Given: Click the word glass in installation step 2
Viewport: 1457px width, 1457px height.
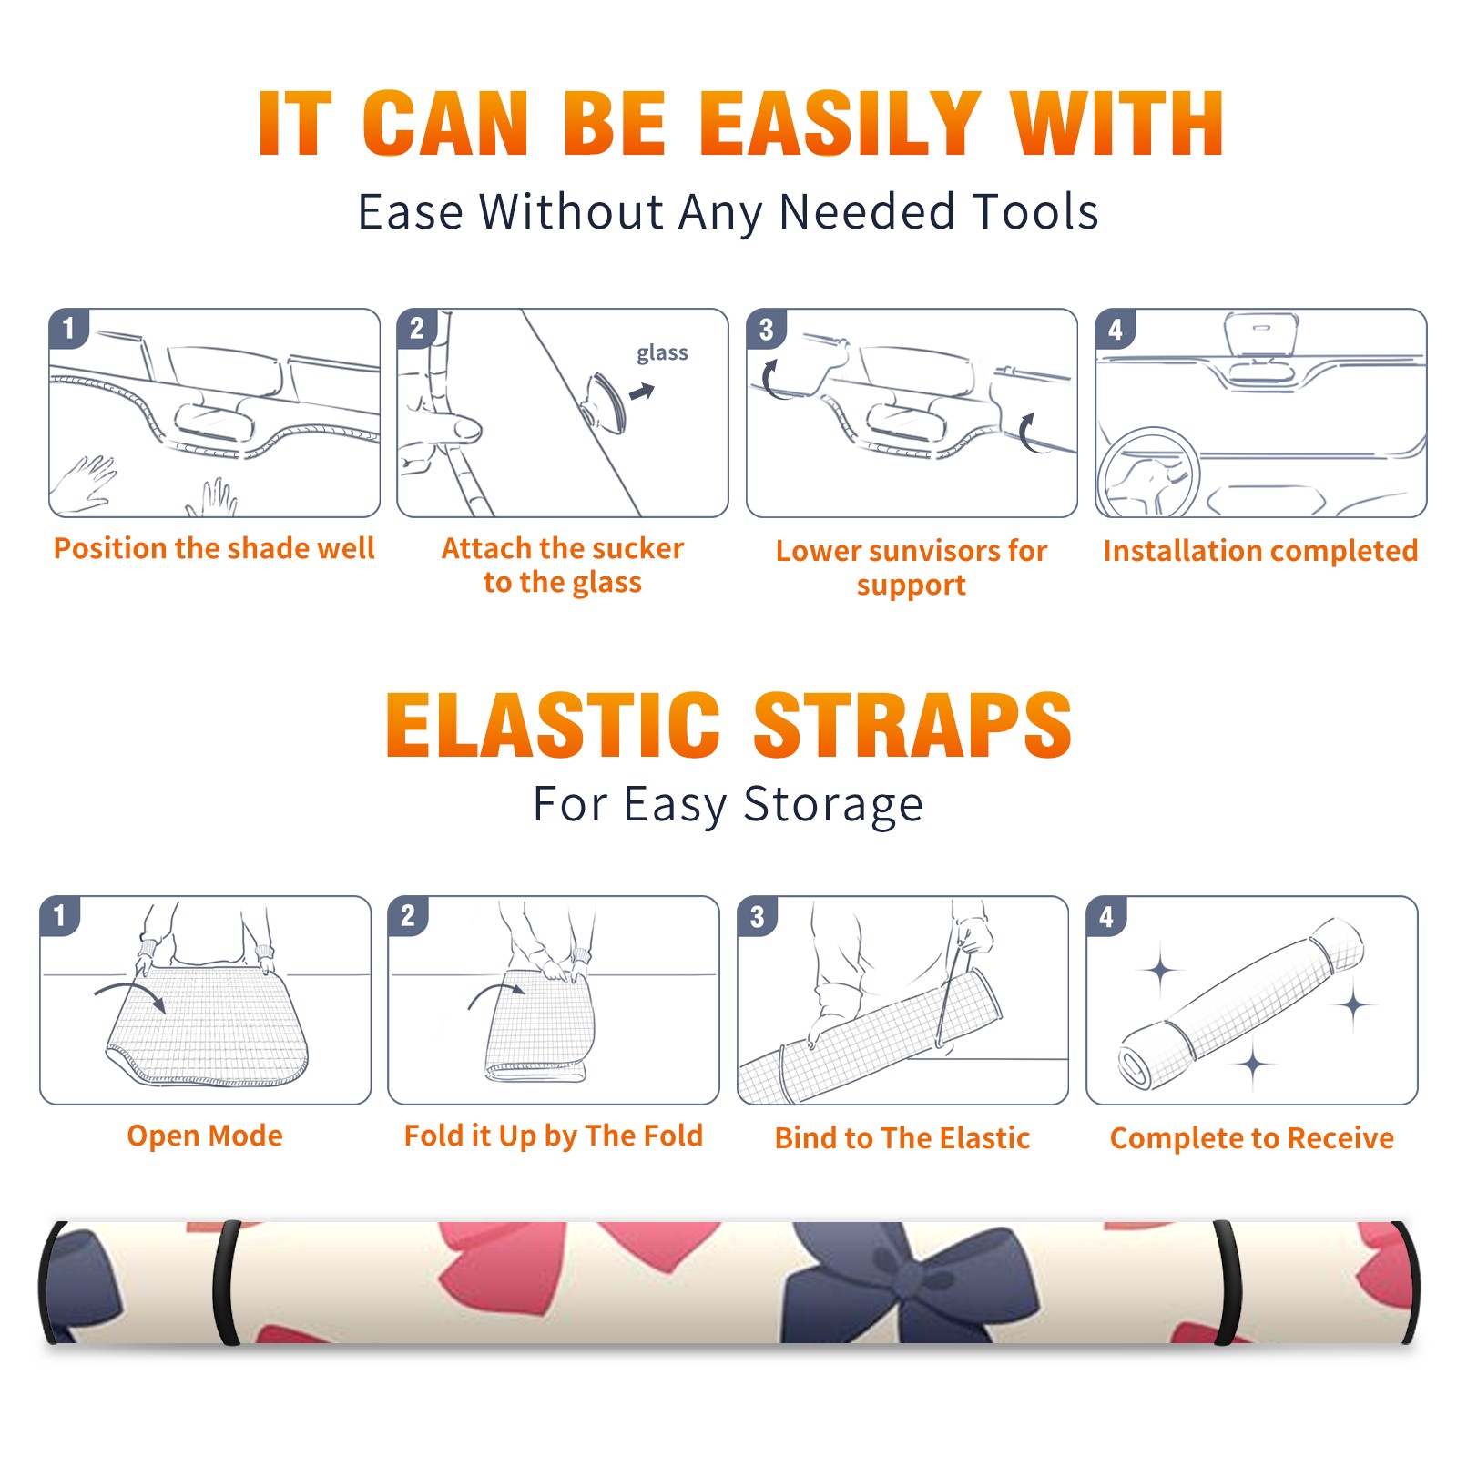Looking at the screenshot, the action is click(x=662, y=353).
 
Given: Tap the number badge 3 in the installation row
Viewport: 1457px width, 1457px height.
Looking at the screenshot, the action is click(x=766, y=329).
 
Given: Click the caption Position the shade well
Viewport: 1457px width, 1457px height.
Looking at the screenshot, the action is click(x=214, y=548).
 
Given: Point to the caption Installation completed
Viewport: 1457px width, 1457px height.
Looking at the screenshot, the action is click(x=1260, y=550).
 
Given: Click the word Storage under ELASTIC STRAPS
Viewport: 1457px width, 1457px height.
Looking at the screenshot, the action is click(x=832, y=805).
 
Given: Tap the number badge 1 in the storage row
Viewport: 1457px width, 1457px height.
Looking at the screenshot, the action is click(x=59, y=916).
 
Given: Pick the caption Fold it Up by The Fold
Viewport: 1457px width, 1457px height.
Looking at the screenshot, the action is click(x=554, y=1136).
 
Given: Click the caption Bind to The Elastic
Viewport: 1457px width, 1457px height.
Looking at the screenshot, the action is click(x=902, y=1137).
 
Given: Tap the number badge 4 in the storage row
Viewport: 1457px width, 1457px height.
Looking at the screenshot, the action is click(x=1105, y=916).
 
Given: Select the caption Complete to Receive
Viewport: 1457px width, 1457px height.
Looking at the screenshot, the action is click(x=1252, y=1138).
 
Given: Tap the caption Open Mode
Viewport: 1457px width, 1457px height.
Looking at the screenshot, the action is click(x=205, y=1136).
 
